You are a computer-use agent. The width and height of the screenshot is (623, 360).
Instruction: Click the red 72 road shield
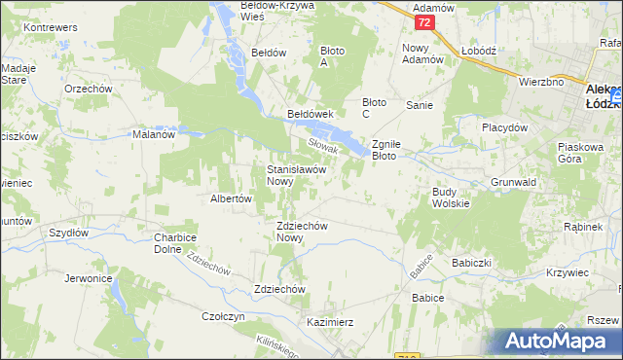pos(422,21)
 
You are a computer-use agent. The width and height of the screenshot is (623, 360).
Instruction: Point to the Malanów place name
pos(153,135)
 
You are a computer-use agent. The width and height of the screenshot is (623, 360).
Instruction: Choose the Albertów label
pos(232,198)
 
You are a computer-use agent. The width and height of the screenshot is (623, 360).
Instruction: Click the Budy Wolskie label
pos(451,198)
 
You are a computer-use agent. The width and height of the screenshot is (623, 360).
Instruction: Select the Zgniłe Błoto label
pos(394,149)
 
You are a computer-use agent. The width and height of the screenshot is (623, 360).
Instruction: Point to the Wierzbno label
pos(542,83)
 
